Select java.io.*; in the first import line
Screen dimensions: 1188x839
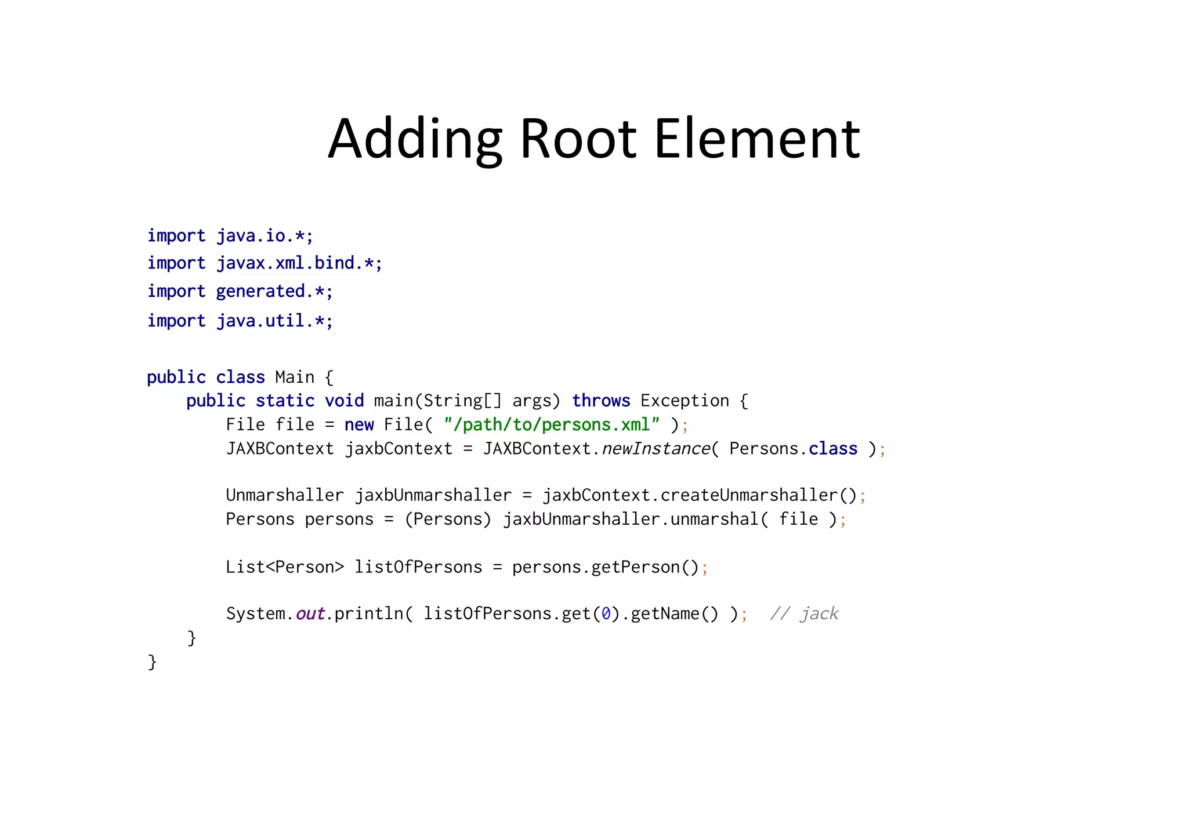265,236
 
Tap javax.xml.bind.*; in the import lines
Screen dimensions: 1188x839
299,263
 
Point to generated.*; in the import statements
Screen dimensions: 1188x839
274,291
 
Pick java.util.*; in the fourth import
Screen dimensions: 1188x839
274,321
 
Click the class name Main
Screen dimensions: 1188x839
295,377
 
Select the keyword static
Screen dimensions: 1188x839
285,401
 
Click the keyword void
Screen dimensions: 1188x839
344,401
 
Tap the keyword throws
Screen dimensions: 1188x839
601,401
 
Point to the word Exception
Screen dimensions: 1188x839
684,401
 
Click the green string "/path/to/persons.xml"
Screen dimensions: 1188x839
552,425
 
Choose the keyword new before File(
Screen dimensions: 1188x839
358,425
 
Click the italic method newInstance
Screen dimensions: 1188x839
655,449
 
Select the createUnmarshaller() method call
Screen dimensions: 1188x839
758,495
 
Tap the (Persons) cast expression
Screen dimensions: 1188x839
448,519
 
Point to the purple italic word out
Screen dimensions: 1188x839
310,613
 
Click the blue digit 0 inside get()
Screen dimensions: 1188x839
606,613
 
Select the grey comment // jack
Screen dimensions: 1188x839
804,613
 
